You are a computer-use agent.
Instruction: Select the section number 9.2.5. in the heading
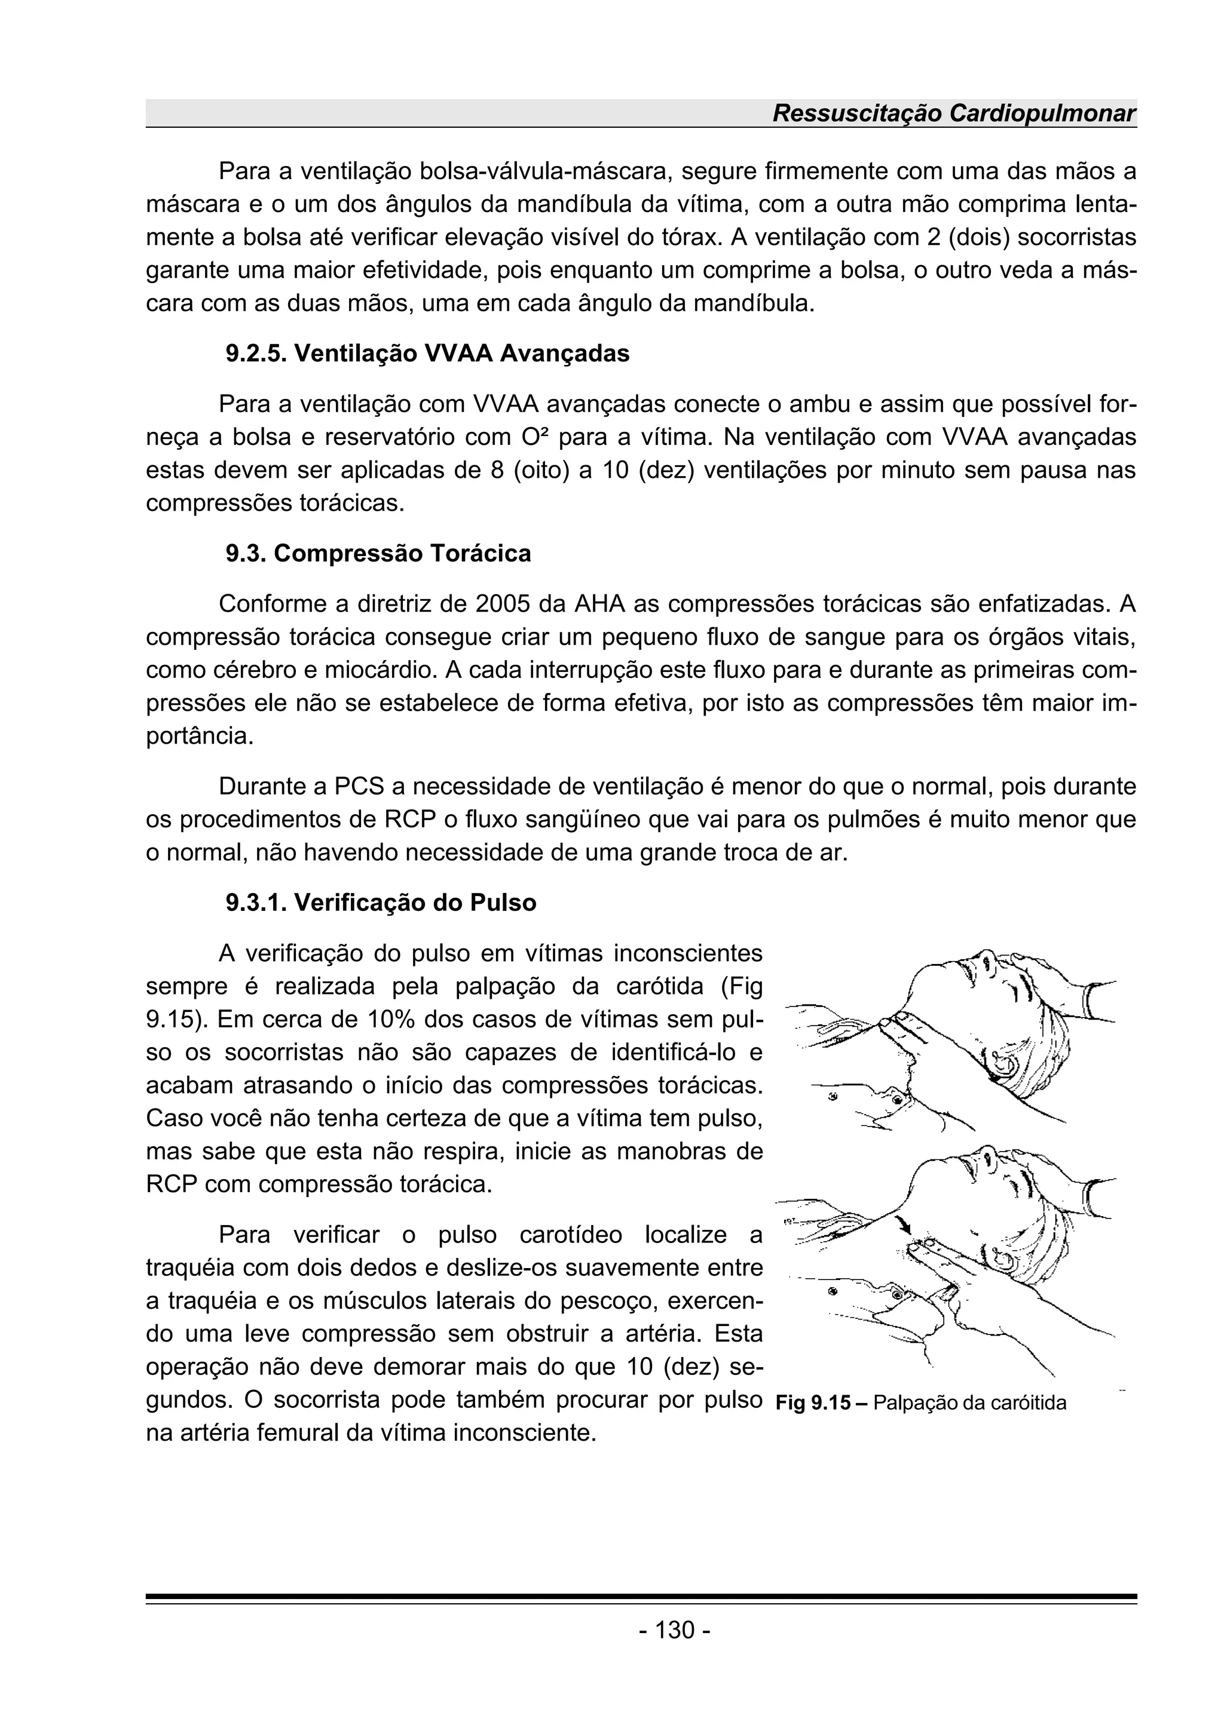click(x=256, y=353)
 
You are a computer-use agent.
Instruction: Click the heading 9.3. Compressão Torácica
click(x=378, y=553)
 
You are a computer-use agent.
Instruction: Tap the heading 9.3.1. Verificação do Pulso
click(x=381, y=903)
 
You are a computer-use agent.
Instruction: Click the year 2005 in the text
click(x=504, y=604)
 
